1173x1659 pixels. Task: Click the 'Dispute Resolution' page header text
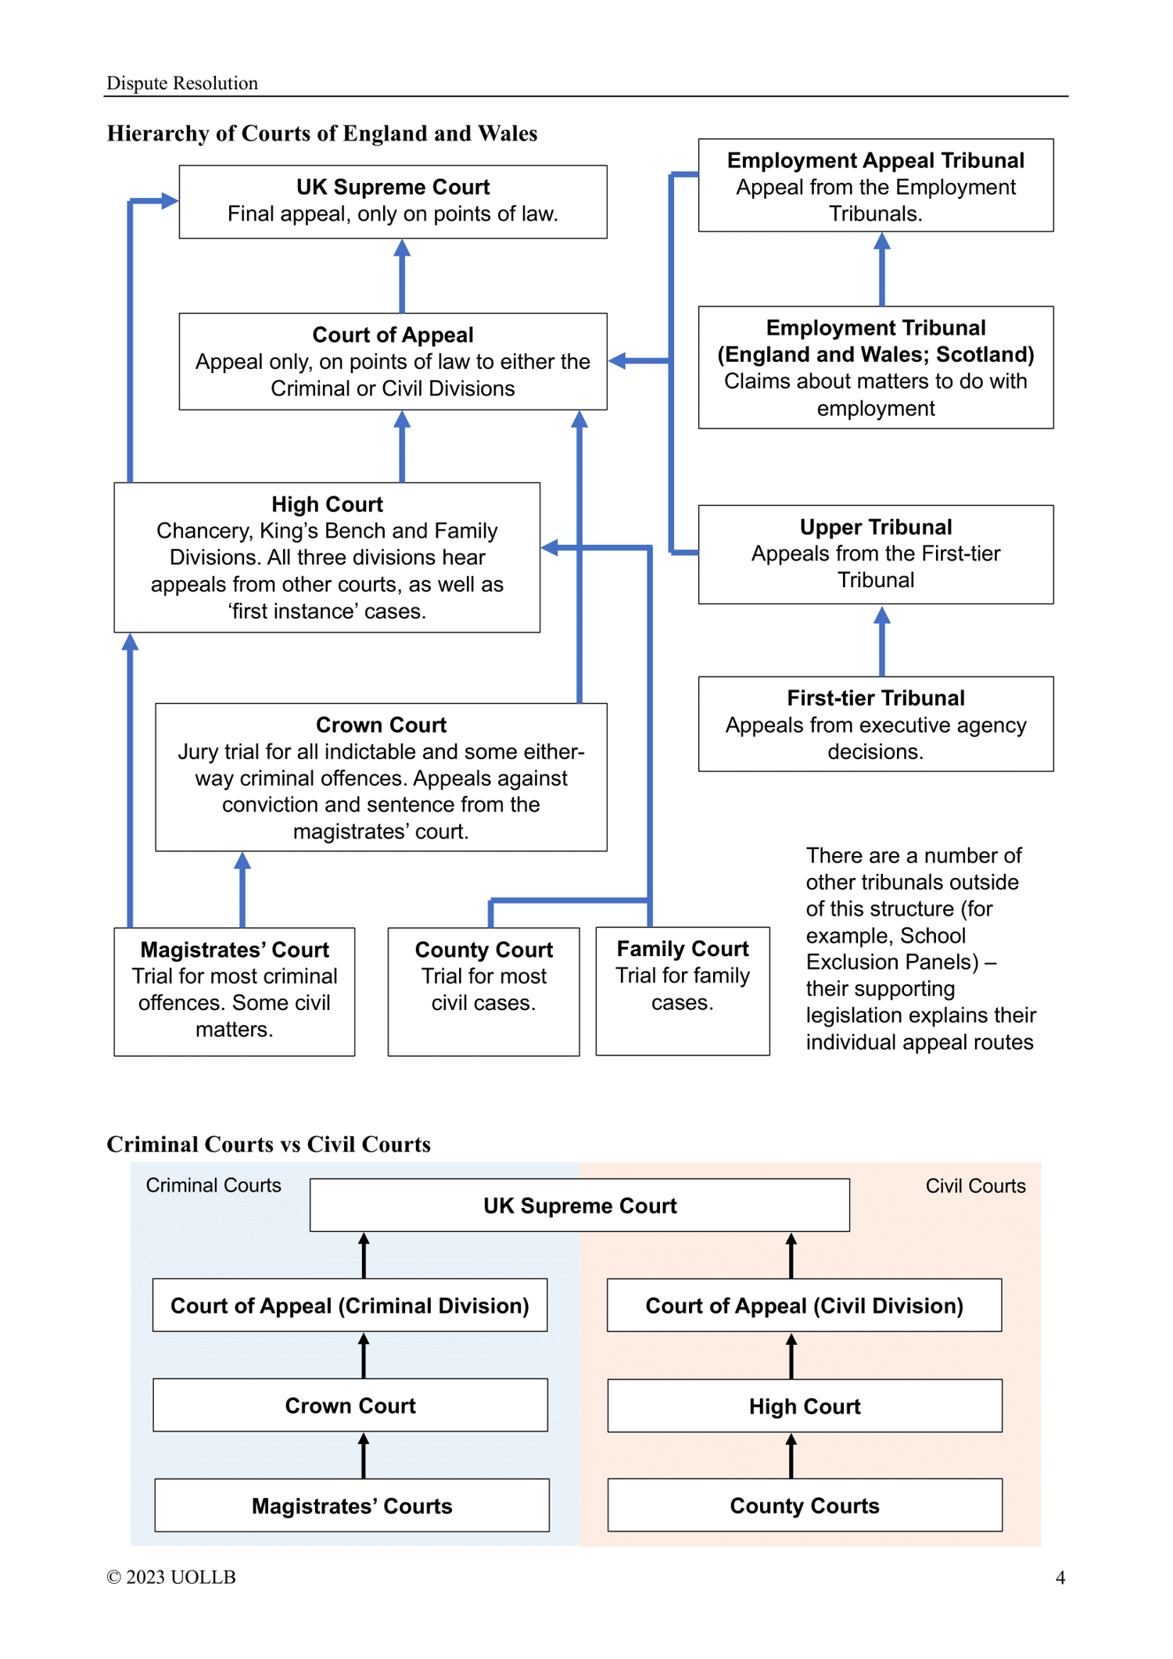tap(182, 83)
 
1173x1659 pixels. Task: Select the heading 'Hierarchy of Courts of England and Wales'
tap(322, 133)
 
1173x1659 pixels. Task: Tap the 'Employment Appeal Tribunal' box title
tap(876, 160)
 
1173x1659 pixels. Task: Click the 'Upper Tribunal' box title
tap(876, 527)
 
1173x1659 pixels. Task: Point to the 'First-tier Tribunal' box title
tap(876, 697)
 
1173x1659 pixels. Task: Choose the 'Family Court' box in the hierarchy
tap(683, 991)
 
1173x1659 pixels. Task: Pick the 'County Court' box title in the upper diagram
tap(484, 950)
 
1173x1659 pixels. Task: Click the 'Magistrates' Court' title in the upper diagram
tap(235, 950)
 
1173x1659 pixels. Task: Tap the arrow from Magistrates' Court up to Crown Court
tap(242, 890)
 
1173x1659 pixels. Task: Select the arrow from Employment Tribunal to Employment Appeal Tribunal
tap(882, 269)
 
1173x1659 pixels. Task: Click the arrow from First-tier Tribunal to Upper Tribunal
tap(882, 641)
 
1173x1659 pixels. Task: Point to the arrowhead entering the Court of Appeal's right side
tap(618, 360)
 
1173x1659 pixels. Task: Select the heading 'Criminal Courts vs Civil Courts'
tap(268, 1144)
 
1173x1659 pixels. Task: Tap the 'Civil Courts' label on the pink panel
tap(975, 1186)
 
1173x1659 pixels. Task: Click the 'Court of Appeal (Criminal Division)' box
tap(350, 1306)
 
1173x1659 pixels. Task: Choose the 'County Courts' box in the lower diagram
tap(805, 1505)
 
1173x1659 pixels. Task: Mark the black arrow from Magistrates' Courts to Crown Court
tap(364, 1456)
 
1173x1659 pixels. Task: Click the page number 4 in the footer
tap(1060, 1578)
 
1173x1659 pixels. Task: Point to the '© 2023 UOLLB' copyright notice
tap(171, 1577)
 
